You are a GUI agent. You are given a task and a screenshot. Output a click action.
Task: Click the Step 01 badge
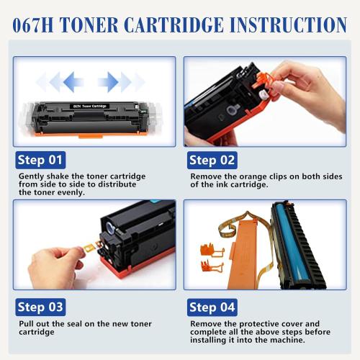tap(40, 160)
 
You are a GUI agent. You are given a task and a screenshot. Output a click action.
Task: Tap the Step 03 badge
tap(40, 307)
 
